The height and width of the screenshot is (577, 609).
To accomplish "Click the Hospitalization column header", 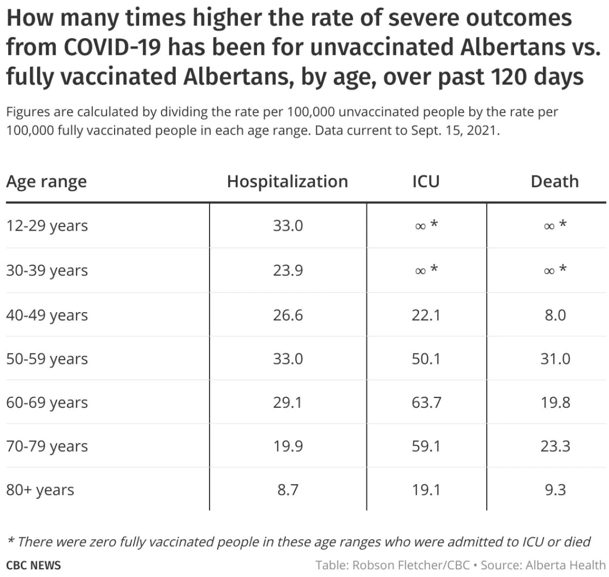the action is (x=287, y=182).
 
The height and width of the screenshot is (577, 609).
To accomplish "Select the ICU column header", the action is (x=426, y=182).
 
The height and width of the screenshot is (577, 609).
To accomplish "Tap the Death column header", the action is (x=555, y=182).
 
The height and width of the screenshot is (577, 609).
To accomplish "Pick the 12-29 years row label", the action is (x=47, y=226).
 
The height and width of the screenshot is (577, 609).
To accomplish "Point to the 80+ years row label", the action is (x=40, y=490).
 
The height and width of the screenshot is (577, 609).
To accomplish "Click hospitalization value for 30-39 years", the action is (x=288, y=270).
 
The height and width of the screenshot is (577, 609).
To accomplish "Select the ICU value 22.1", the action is (x=426, y=315).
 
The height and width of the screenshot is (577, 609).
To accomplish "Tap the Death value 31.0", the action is (x=555, y=359).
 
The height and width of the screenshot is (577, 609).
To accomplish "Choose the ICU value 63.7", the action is (x=426, y=403).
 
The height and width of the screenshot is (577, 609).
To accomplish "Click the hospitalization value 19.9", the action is (x=288, y=446).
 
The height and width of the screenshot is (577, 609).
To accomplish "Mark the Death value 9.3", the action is (x=555, y=490).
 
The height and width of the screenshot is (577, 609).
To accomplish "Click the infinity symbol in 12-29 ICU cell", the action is (x=420, y=227).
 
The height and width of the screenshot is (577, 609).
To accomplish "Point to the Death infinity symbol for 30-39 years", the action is (x=549, y=271).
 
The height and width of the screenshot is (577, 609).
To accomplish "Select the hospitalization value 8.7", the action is (x=288, y=490).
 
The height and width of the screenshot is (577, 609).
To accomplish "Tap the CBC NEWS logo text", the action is (x=34, y=565).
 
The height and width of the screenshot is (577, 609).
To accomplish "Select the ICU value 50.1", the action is (x=426, y=359).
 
